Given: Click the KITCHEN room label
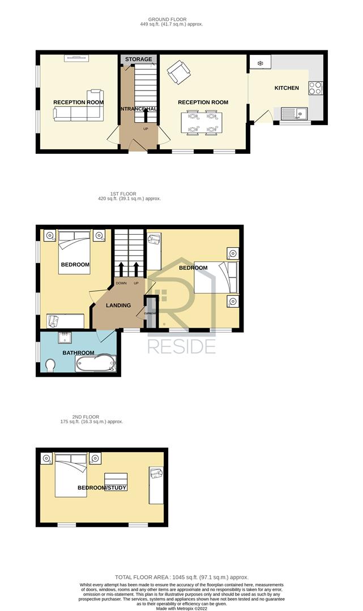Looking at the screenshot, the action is pyautogui.click(x=287, y=88).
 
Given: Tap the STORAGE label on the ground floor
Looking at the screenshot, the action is pyautogui.click(x=138, y=59).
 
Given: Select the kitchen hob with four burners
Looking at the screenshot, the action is pyautogui.click(x=315, y=88).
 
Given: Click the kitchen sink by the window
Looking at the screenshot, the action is pyautogui.click(x=294, y=113).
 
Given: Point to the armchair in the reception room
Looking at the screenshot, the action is pyautogui.click(x=178, y=72).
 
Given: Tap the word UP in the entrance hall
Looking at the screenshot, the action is pyautogui.click(x=146, y=128).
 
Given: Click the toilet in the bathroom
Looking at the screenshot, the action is pyautogui.click(x=50, y=366).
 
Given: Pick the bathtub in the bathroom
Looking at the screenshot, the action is pyautogui.click(x=96, y=364).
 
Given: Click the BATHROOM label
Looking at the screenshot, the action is pyautogui.click(x=78, y=353).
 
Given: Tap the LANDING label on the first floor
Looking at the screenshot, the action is pyautogui.click(x=118, y=305).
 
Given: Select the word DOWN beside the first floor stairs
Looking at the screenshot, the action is pyautogui.click(x=121, y=283).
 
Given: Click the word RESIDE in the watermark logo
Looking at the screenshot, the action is pyautogui.click(x=182, y=346).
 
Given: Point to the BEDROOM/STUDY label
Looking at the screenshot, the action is pyautogui.click(x=102, y=488).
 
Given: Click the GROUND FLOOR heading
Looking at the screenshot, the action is pyautogui.click(x=167, y=19).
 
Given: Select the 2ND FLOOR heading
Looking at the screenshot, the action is pyautogui.click(x=86, y=417).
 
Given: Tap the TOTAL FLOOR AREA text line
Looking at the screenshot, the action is pyautogui.click(x=182, y=577).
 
